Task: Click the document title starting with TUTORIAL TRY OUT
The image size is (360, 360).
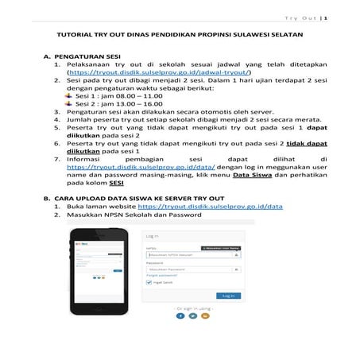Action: [180, 36]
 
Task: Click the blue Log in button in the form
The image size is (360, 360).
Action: [228, 295]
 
